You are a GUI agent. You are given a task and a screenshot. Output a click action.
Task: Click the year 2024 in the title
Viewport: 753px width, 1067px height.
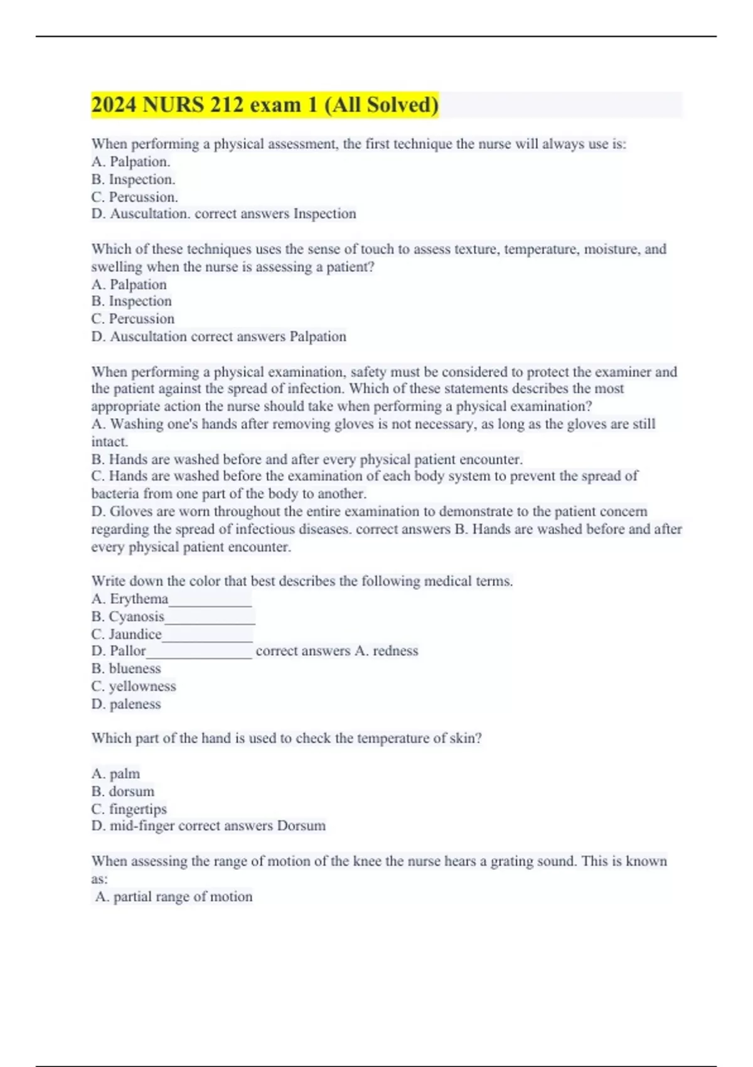[x=114, y=105]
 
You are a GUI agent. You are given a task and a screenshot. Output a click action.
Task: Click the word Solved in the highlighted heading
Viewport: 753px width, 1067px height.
[x=402, y=105]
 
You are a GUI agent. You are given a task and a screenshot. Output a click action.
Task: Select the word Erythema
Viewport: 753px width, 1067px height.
[x=139, y=599]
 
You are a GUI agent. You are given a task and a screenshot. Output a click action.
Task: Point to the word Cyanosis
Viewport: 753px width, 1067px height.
[x=136, y=616]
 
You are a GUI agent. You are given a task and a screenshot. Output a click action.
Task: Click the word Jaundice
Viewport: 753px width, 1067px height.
[x=135, y=634]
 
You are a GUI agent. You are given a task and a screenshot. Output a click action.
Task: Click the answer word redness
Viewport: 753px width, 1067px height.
[x=395, y=651]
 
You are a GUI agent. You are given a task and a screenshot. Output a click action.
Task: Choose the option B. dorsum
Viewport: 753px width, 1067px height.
[x=123, y=791]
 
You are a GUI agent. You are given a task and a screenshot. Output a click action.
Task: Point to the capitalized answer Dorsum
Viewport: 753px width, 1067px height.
[x=301, y=826]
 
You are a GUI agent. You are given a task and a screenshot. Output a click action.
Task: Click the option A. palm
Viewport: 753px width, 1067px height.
[x=116, y=774]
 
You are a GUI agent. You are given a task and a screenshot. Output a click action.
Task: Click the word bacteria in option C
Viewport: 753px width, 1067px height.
[x=114, y=494]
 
